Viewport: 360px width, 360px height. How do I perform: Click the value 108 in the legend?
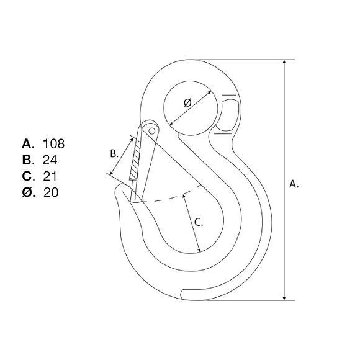pyautogui.click(x=54, y=144)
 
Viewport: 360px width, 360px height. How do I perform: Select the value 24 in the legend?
pyautogui.click(x=50, y=160)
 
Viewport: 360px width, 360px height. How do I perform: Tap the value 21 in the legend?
pyautogui.click(x=50, y=176)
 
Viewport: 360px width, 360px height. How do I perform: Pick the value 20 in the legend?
pyautogui.click(x=51, y=192)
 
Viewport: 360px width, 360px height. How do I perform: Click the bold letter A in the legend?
pyautogui.click(x=27, y=144)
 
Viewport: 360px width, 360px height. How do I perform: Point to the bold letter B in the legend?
pyautogui.click(x=27, y=160)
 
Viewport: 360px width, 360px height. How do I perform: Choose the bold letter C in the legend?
pyautogui.click(x=27, y=176)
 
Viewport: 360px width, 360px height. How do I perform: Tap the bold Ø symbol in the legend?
pyautogui.click(x=27, y=192)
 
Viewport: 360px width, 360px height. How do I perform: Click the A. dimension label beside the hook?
pyautogui.click(x=294, y=184)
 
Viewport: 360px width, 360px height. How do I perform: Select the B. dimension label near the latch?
pyautogui.click(x=114, y=153)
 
